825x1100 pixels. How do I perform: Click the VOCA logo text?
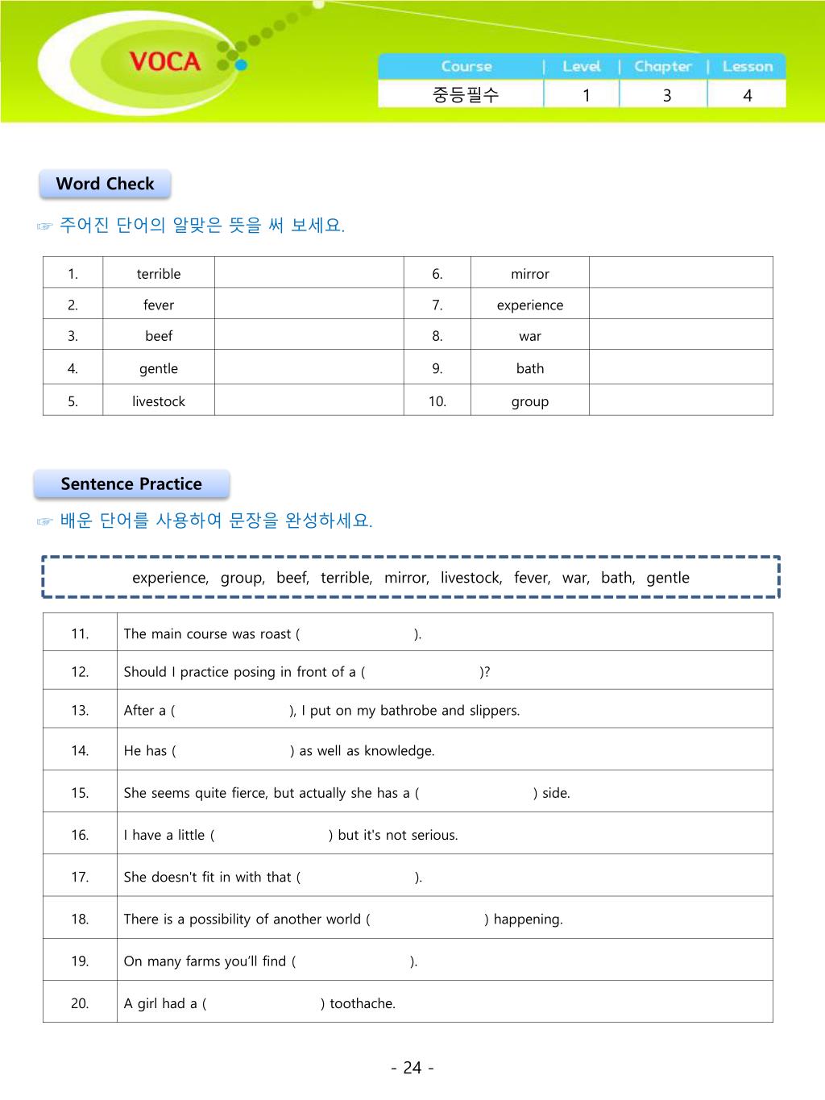(164, 61)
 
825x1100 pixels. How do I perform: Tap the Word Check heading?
(105, 184)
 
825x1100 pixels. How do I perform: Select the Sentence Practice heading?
(131, 484)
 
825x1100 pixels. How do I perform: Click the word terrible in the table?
(159, 274)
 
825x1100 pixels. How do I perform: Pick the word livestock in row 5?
(159, 401)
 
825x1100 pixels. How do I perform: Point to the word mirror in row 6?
(529, 274)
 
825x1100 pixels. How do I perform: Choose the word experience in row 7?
(529, 305)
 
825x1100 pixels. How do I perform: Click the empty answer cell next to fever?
(309, 305)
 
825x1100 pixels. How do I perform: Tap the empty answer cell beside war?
(681, 336)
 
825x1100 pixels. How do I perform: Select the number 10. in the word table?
(437, 401)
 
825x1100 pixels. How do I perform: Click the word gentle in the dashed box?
(668, 578)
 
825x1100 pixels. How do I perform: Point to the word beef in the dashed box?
(292, 578)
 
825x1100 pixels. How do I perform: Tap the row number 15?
(80, 793)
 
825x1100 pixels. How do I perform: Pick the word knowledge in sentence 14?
(399, 750)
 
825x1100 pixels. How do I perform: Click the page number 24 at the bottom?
(412, 1068)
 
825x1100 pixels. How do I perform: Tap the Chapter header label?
(662, 66)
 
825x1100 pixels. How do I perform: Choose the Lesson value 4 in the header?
(747, 95)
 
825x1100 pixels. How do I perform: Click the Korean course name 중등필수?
(466, 95)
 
